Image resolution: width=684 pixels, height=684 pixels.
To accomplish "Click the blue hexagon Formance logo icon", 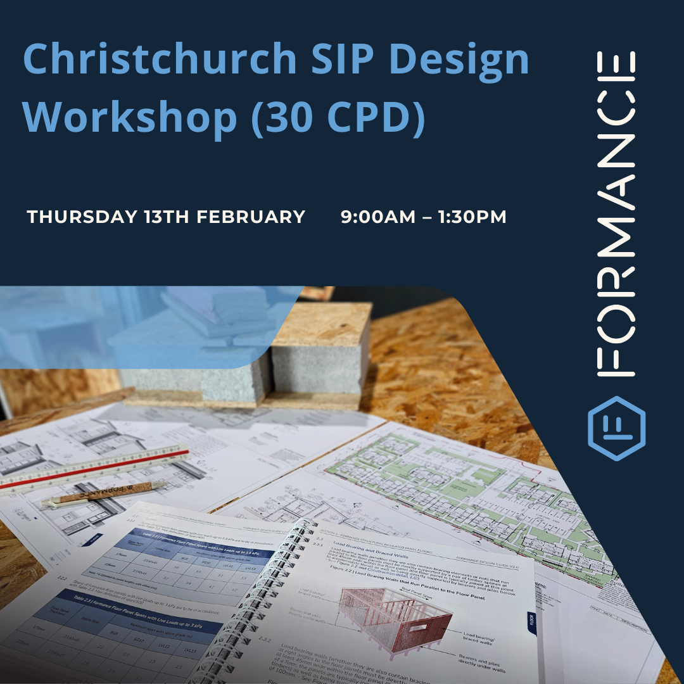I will pos(616,428).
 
